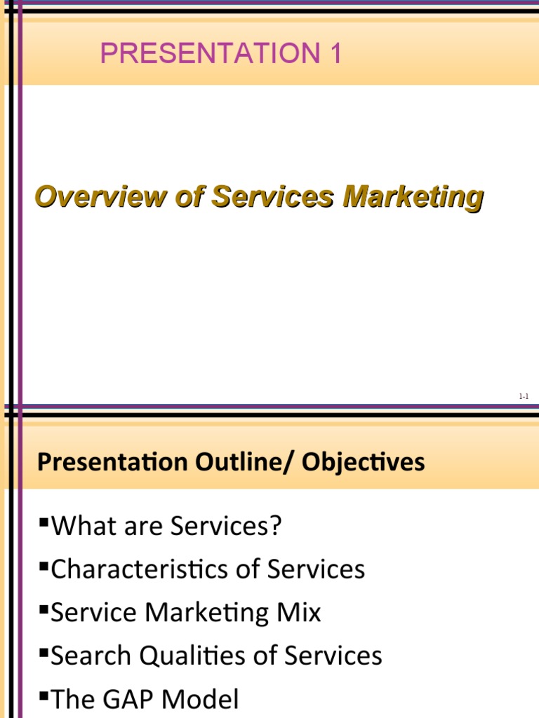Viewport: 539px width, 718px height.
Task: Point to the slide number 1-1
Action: [x=524, y=397]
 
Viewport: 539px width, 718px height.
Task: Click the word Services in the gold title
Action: [x=273, y=197]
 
